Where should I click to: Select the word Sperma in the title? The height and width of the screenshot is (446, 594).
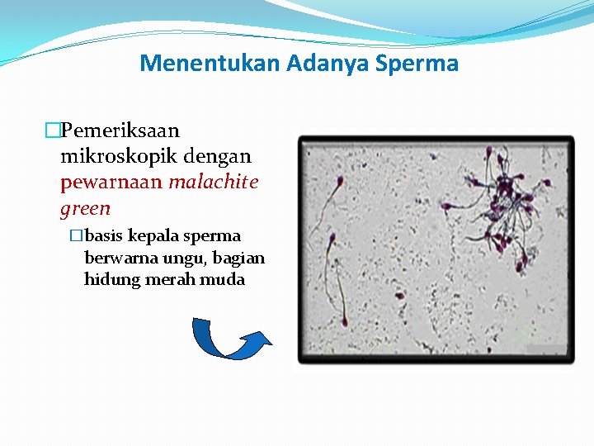pyautogui.click(x=417, y=64)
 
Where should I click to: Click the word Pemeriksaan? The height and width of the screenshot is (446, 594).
pyautogui.click(x=120, y=130)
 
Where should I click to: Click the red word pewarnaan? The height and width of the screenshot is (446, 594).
pyautogui.click(x=111, y=182)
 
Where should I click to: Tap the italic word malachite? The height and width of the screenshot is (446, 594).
pyautogui.click(x=214, y=182)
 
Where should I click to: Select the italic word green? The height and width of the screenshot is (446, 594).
pyautogui.click(x=85, y=208)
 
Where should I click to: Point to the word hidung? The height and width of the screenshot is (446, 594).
pyautogui.click(x=110, y=279)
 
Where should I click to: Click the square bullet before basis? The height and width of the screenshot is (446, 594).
pyautogui.click(x=77, y=236)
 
